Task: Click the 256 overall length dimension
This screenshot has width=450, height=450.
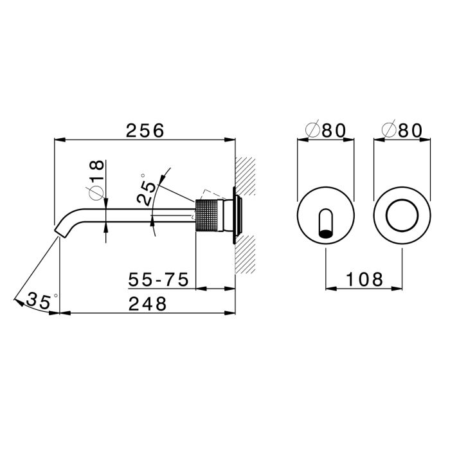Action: click(x=145, y=130)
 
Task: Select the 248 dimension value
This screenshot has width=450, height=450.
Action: click(x=147, y=304)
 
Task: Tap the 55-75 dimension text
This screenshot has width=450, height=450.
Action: click(x=158, y=279)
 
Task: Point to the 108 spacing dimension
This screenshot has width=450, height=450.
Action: click(x=364, y=279)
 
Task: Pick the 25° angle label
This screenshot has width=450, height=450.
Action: click(x=147, y=190)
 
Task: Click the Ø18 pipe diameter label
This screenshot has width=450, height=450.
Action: click(x=96, y=180)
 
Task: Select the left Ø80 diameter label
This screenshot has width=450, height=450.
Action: click(x=326, y=130)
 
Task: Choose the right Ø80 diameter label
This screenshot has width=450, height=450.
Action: click(x=402, y=130)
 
